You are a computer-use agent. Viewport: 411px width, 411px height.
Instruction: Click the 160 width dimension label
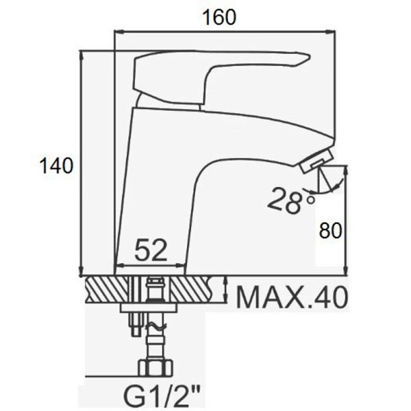[x=219, y=17]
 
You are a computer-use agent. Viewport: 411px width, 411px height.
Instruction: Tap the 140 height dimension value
[x=56, y=166]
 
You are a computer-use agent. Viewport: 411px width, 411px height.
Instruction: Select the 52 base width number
[x=151, y=250]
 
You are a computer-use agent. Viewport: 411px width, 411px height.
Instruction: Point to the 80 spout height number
[x=331, y=230]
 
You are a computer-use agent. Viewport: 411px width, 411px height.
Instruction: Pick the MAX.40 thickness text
[x=292, y=298]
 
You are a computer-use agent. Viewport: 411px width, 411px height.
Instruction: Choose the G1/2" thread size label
[x=162, y=397]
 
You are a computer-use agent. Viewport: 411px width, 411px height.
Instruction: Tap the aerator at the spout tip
[x=316, y=160]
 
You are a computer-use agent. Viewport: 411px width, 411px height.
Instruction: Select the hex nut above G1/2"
[x=155, y=368]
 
